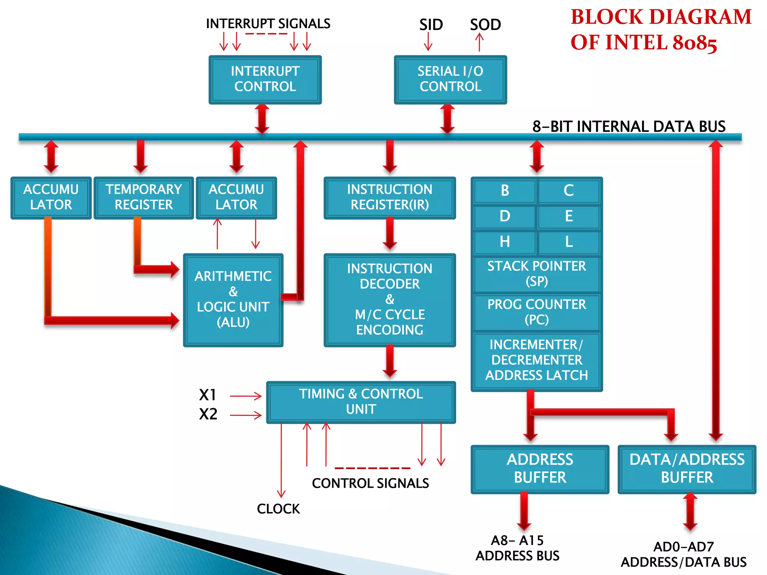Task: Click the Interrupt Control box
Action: click(x=265, y=79)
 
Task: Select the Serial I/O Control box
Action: click(x=450, y=79)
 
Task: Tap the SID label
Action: click(x=431, y=25)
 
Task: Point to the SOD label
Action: click(x=485, y=25)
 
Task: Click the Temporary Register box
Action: click(x=143, y=197)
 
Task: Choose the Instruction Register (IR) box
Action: click(x=389, y=197)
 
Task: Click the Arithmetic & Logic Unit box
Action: click(x=233, y=299)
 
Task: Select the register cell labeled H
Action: click(x=504, y=242)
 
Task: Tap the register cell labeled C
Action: click(x=569, y=191)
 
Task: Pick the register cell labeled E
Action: click(x=569, y=216)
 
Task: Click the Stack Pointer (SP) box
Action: click(x=536, y=274)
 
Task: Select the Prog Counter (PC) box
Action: click(x=536, y=312)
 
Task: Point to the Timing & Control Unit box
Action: click(x=361, y=402)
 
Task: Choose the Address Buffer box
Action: click(x=540, y=469)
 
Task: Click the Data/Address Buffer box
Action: click(x=687, y=469)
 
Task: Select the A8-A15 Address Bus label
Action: click(x=517, y=548)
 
